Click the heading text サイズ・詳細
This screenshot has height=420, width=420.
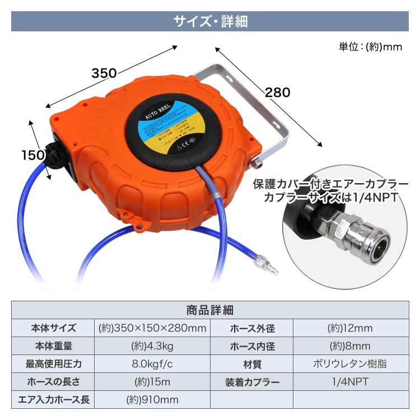(210, 21)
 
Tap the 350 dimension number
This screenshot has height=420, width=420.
(104, 73)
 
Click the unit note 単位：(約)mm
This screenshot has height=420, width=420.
(370, 47)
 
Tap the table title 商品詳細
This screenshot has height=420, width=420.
(209, 310)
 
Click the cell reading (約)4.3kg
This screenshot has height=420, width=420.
(152, 346)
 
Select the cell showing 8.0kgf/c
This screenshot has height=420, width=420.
(152, 364)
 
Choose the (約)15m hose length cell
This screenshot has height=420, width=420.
(152, 382)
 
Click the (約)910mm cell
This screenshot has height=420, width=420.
(152, 400)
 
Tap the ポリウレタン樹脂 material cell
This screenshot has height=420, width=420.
(349, 364)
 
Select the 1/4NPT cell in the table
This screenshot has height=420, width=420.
(349, 382)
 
